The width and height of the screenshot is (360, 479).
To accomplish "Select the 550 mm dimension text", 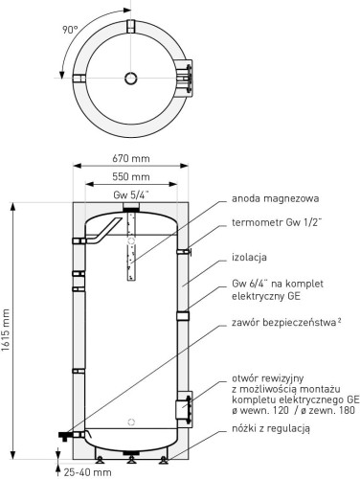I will [x=133, y=177].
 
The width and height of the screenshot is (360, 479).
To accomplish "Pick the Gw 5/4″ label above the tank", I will [x=132, y=194].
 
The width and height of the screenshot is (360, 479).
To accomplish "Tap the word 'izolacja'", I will [x=250, y=258].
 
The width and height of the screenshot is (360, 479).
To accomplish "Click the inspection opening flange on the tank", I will [x=183, y=409].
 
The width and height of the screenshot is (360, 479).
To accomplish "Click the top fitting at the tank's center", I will [x=133, y=208].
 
